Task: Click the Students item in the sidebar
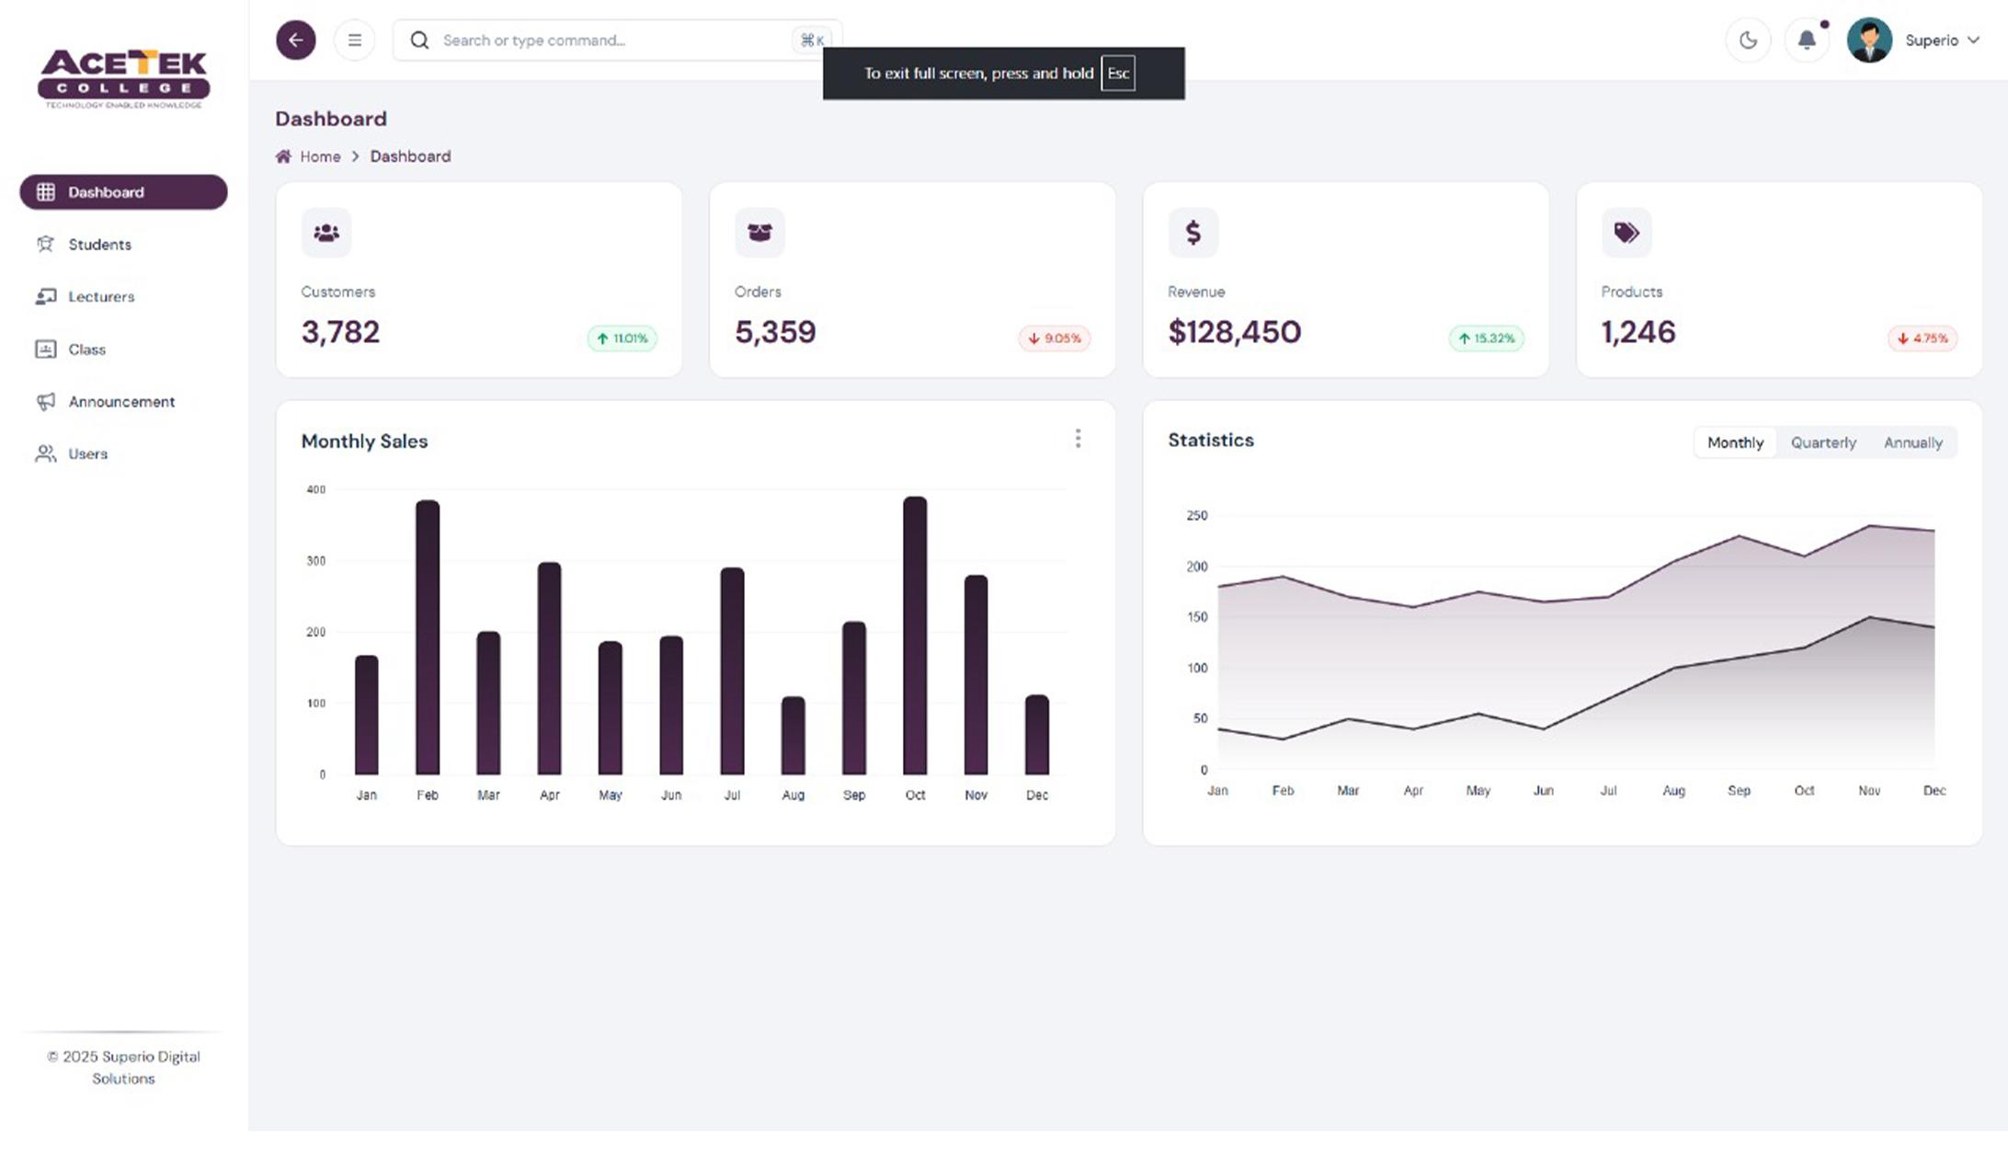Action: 98,245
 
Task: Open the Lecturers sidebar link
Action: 100,297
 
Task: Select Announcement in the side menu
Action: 120,402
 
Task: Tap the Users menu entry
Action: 87,454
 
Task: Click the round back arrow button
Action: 295,40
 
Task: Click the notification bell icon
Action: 1806,40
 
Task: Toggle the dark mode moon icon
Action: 1748,40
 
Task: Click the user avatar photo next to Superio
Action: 1868,40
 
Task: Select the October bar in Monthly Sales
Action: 915,635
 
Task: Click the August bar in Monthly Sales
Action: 793,735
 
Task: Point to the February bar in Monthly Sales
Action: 428,637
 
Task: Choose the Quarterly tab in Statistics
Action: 1822,443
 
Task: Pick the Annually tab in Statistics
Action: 1912,443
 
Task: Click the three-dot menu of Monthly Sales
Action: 1078,439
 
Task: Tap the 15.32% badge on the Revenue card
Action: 1486,338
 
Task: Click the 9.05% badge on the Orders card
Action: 1054,338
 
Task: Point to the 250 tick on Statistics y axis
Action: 1196,516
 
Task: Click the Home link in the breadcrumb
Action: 319,157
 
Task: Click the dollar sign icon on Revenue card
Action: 1192,233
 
